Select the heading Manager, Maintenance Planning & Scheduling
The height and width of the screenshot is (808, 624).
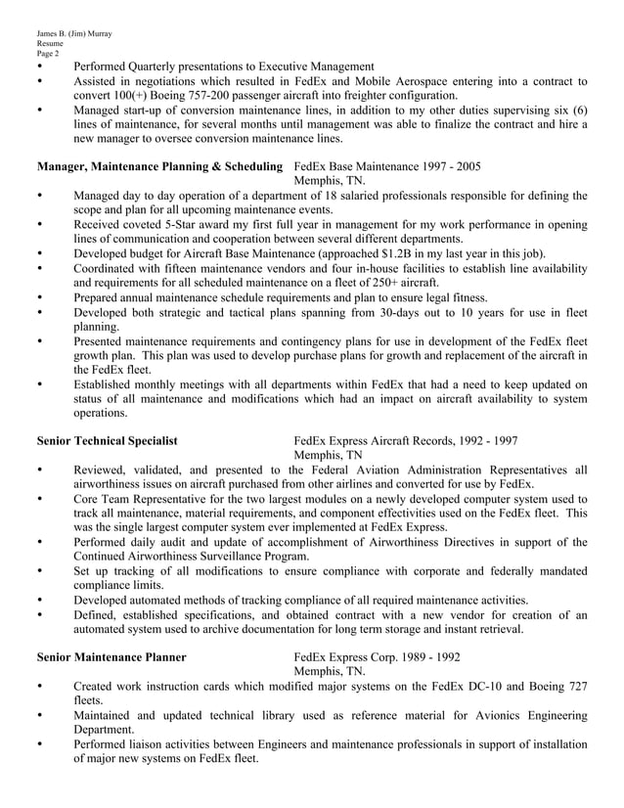pos(159,167)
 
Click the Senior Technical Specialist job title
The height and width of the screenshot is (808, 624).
pos(107,440)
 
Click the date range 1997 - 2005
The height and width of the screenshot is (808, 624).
pos(446,167)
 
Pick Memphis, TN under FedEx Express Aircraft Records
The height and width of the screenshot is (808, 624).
pos(328,455)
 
